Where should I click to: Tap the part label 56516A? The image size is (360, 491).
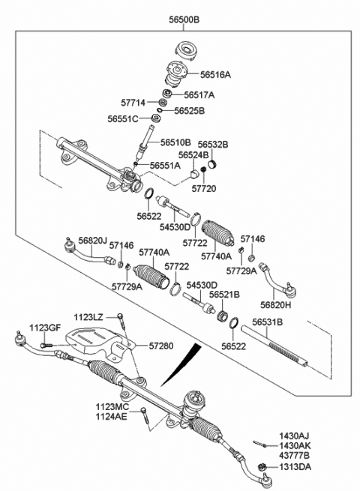pos(216,75)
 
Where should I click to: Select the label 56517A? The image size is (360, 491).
pos(199,95)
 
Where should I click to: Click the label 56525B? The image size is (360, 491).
pos(189,110)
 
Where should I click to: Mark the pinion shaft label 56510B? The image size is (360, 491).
pos(176,142)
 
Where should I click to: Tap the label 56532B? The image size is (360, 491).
pos(213,143)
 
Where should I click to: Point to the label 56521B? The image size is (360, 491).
pos(224,295)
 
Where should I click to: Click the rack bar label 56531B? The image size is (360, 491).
pos(267,322)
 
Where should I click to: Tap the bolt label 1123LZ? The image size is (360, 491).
pos(89,317)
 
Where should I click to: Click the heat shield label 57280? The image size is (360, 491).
pos(160,346)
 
